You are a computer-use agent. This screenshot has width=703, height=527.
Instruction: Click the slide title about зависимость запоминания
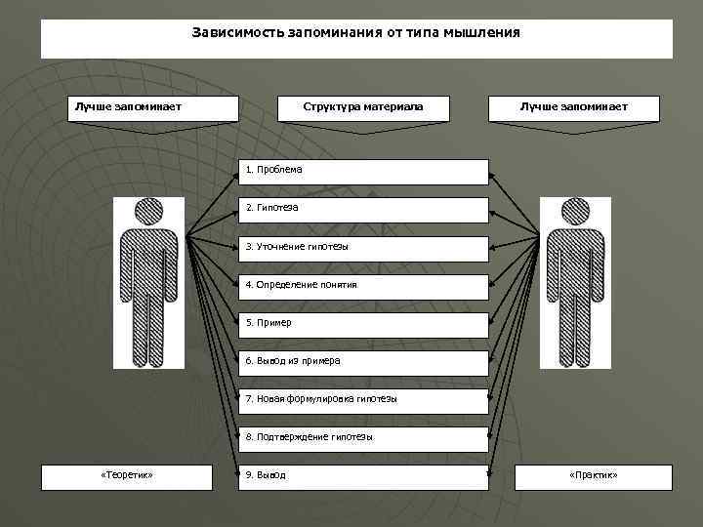356,33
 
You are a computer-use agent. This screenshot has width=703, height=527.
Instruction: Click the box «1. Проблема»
364,171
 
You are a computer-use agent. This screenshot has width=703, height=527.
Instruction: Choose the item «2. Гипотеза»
364,209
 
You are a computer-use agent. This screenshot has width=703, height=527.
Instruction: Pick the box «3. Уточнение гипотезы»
364,248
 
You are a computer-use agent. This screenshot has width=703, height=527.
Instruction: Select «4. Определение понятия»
364,286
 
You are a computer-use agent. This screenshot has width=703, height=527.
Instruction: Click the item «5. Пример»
364,324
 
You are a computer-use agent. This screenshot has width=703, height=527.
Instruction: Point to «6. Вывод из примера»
364,362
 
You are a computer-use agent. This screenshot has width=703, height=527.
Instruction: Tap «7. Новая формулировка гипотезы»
364,400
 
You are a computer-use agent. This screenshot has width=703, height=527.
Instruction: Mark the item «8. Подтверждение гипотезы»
364,438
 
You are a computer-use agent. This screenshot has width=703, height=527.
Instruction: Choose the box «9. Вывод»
364,476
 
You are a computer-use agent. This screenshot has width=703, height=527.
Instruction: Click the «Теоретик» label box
127,476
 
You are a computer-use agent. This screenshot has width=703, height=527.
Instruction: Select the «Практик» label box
594,476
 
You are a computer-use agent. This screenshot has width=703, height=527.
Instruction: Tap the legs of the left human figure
149,327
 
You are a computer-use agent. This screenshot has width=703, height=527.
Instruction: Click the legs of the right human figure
575,327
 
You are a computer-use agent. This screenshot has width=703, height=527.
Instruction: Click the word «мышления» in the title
485,33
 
